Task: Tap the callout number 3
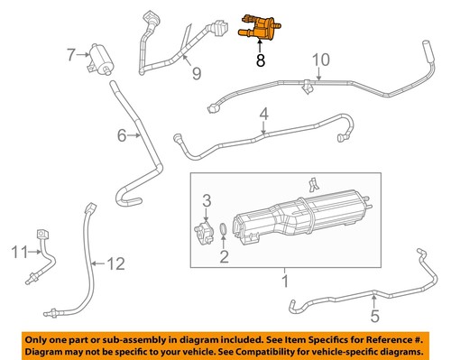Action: point(206,199)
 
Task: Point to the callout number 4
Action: point(263,114)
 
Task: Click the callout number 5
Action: point(374,316)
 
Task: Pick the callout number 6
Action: point(122,136)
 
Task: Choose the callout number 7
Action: point(71,56)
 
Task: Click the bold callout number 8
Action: point(261,62)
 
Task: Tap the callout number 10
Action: point(316,61)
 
